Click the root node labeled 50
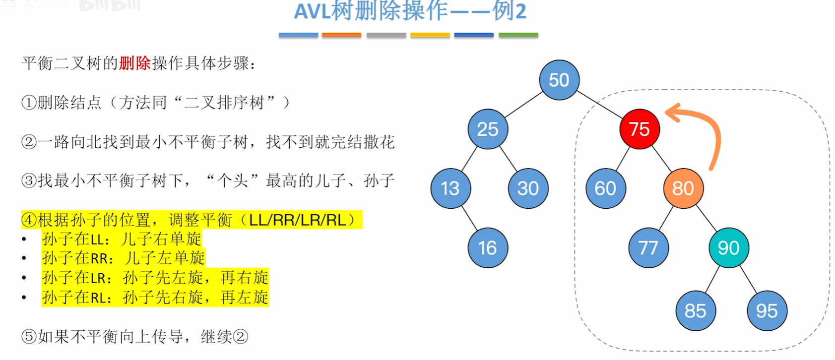[x=559, y=80]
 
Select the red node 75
[x=640, y=129]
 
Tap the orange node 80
[x=683, y=188]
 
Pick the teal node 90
[x=728, y=247]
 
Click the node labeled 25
[x=487, y=129]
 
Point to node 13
[x=450, y=188]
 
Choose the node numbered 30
[x=528, y=188]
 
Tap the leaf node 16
[x=487, y=247]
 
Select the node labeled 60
[x=605, y=188]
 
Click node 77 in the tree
[x=648, y=247]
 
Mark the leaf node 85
[x=695, y=311]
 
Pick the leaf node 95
[x=767, y=311]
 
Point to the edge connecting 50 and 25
[x=523, y=105]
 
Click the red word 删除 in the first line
[x=135, y=63]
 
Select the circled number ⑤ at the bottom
[x=29, y=337]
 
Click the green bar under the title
[x=518, y=35]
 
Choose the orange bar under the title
[x=341, y=35]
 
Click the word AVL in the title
[x=312, y=11]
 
